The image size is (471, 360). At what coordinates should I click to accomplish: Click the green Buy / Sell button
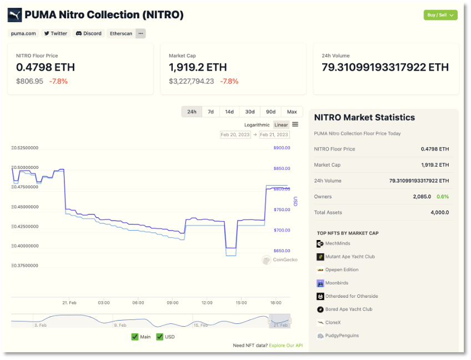click(x=440, y=15)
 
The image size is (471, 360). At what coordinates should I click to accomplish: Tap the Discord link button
click(x=89, y=33)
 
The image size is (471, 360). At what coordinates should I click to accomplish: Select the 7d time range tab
click(x=211, y=112)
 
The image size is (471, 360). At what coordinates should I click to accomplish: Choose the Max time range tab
click(x=292, y=112)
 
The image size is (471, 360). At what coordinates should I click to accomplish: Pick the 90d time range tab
click(x=270, y=112)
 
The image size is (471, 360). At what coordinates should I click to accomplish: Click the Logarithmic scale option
click(x=257, y=125)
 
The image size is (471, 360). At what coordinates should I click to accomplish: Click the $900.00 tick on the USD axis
click(x=282, y=148)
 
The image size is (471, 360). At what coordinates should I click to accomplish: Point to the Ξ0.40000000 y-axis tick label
click(x=25, y=246)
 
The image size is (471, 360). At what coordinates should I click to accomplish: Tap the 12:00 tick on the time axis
click(x=207, y=303)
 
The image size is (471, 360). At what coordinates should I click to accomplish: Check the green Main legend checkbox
click(x=135, y=337)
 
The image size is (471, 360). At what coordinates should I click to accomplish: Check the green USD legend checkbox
click(x=160, y=337)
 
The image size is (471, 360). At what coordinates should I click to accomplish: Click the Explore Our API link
click(x=285, y=346)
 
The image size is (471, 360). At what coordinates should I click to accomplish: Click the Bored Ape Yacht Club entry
click(x=348, y=309)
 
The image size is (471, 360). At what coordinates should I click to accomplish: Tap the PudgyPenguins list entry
click(x=342, y=336)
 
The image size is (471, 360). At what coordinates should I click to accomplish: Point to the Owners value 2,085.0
click(x=422, y=197)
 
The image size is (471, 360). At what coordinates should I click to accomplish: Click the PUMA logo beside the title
click(x=15, y=15)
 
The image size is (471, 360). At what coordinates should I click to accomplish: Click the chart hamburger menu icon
click(x=295, y=124)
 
